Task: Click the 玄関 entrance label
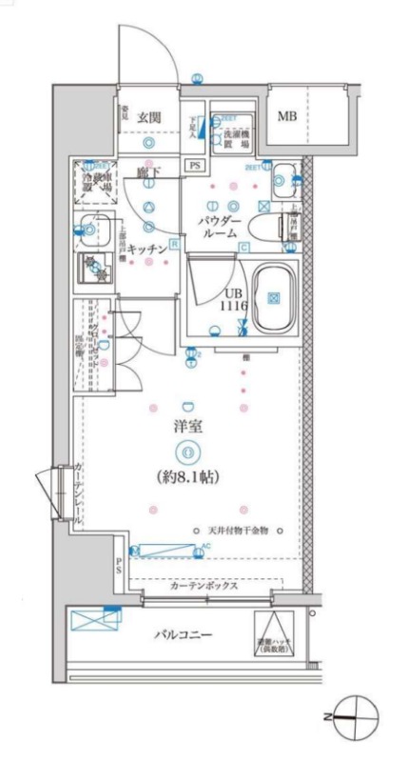(x=149, y=116)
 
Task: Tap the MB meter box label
(x=288, y=117)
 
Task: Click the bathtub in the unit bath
(x=273, y=297)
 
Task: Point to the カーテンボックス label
(x=204, y=587)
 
